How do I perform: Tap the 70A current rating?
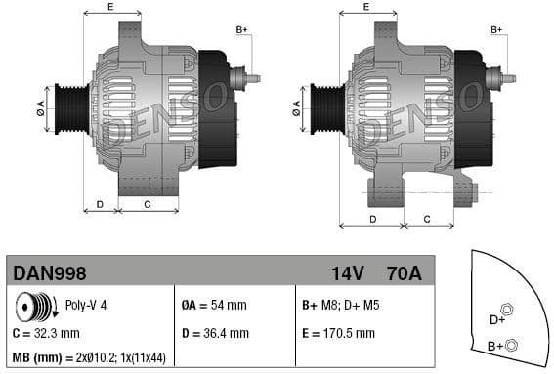pos(403,273)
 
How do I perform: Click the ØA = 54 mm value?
pos(214,305)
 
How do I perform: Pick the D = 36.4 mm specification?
pos(215,333)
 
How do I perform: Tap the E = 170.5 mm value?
pos(338,333)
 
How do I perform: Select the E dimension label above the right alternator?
pos(365,7)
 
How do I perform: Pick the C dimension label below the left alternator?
pos(147,204)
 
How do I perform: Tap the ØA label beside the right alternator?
pos(296,107)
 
